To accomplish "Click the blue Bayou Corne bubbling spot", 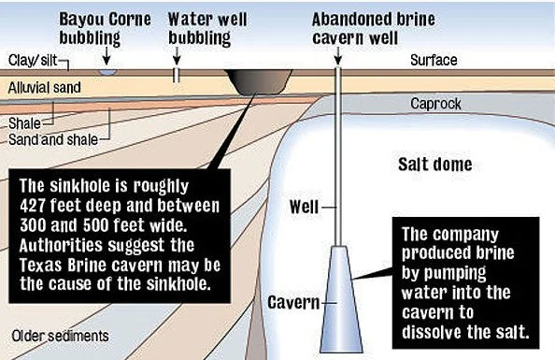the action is pyautogui.click(x=107, y=72).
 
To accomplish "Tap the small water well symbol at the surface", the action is pyautogui.click(x=177, y=75).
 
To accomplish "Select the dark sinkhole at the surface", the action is pyautogui.click(x=259, y=82).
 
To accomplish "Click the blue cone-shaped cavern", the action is pyautogui.click(x=341, y=298).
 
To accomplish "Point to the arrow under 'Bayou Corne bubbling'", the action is pyautogui.click(x=107, y=57).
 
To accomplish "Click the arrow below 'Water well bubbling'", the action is pyautogui.click(x=177, y=57).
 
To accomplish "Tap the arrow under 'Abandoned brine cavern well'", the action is pyautogui.click(x=337, y=57).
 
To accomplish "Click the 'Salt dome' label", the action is pyautogui.click(x=435, y=165).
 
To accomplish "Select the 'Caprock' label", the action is pyautogui.click(x=435, y=104).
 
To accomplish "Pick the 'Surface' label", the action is pyautogui.click(x=434, y=60).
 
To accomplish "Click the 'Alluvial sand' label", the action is pyautogui.click(x=45, y=88).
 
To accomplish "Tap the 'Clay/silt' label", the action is pyautogui.click(x=33, y=60).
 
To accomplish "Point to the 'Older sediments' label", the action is pyautogui.click(x=60, y=336).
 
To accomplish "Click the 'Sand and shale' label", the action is pyautogui.click(x=53, y=139).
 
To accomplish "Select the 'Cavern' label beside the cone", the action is pyautogui.click(x=293, y=302).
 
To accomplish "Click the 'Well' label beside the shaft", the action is pyautogui.click(x=304, y=207).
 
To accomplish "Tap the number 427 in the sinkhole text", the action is pyautogui.click(x=33, y=206).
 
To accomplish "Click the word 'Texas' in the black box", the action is pyautogui.click(x=38, y=265).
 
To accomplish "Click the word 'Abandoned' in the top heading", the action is pyautogui.click(x=351, y=20).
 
